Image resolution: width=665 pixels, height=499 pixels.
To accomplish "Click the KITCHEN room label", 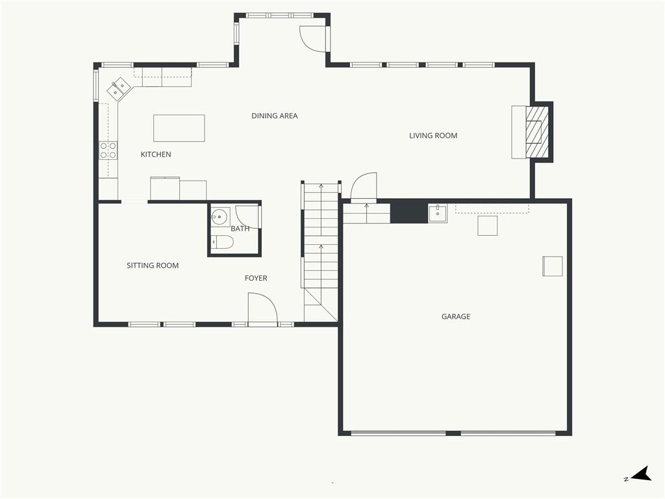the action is point(156,155).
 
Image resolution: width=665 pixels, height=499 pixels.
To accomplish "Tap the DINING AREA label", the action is point(275,116).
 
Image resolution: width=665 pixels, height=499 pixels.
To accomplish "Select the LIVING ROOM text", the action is point(433,136).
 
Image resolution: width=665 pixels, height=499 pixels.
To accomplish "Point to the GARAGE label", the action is point(456,316).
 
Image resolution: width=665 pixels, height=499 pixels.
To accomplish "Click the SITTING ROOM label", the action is point(153,266).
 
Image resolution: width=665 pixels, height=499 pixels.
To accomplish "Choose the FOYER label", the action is point(256,278).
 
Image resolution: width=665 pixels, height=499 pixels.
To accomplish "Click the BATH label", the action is point(240,229).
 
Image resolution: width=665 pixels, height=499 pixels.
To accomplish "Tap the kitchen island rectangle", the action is point(179,128).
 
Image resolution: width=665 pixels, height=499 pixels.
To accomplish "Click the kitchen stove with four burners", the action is point(108,151).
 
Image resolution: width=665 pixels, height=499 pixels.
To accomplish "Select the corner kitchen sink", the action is point(118,88).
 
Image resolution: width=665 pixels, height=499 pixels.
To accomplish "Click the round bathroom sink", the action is point(220,217).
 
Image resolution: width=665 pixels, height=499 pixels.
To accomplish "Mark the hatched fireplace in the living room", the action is point(537,132).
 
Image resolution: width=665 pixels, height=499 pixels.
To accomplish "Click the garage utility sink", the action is point(438,213).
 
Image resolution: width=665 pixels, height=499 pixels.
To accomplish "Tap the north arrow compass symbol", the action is point(641,474).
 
